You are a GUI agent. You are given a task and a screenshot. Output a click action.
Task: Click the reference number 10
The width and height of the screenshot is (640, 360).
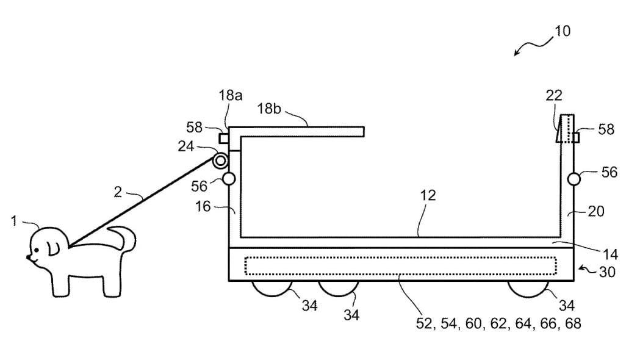pyautogui.click(x=562, y=31)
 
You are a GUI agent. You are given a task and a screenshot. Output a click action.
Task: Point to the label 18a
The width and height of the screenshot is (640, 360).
pyautogui.click(x=231, y=96)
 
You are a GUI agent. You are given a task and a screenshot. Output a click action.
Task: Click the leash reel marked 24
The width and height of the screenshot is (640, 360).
pyautogui.click(x=220, y=161)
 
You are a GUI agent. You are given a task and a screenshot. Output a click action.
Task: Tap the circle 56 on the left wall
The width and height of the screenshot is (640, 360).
pyautogui.click(x=229, y=179)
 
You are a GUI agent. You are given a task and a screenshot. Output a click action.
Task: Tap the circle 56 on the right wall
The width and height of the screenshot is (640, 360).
pyautogui.click(x=573, y=179)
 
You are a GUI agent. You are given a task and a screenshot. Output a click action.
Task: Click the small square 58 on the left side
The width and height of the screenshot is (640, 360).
pyautogui.click(x=224, y=139)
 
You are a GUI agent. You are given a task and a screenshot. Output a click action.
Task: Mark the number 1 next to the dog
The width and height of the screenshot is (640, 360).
pyautogui.click(x=14, y=221)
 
